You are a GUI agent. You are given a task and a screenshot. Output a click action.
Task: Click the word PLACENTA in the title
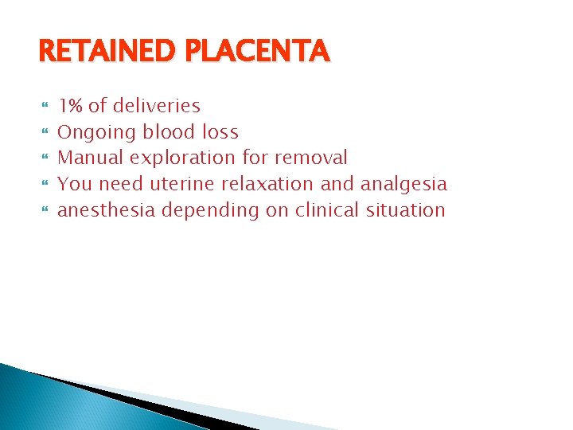(x=263, y=53)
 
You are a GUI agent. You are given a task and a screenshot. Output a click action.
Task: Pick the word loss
(x=220, y=132)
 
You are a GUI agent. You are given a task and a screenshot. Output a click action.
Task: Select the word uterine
(x=177, y=185)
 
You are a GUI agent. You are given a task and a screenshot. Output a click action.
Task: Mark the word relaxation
(x=270, y=185)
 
